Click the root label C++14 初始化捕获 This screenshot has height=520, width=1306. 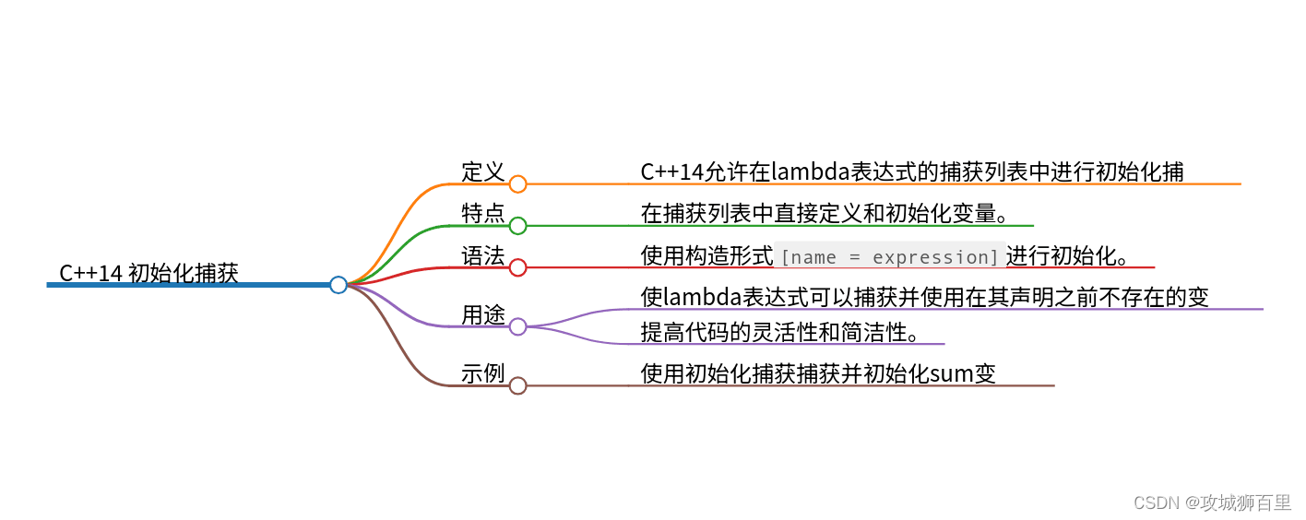(x=148, y=273)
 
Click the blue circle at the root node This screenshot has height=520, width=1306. (x=338, y=285)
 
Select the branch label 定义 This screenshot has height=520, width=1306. (x=483, y=171)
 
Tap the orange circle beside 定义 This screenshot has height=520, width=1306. (x=518, y=184)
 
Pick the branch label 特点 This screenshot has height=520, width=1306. (x=483, y=214)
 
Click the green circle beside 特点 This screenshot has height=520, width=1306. (x=518, y=226)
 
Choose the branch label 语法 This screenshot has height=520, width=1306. (x=483, y=255)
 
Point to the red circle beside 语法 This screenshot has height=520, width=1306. (x=518, y=267)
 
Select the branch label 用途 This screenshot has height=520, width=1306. (x=483, y=314)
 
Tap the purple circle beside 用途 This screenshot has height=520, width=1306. (x=518, y=326)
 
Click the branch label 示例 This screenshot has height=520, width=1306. (x=483, y=373)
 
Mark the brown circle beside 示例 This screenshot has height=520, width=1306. (x=518, y=385)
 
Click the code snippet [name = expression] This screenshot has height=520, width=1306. (x=889, y=256)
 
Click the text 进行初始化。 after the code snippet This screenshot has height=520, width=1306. (x=1068, y=255)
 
